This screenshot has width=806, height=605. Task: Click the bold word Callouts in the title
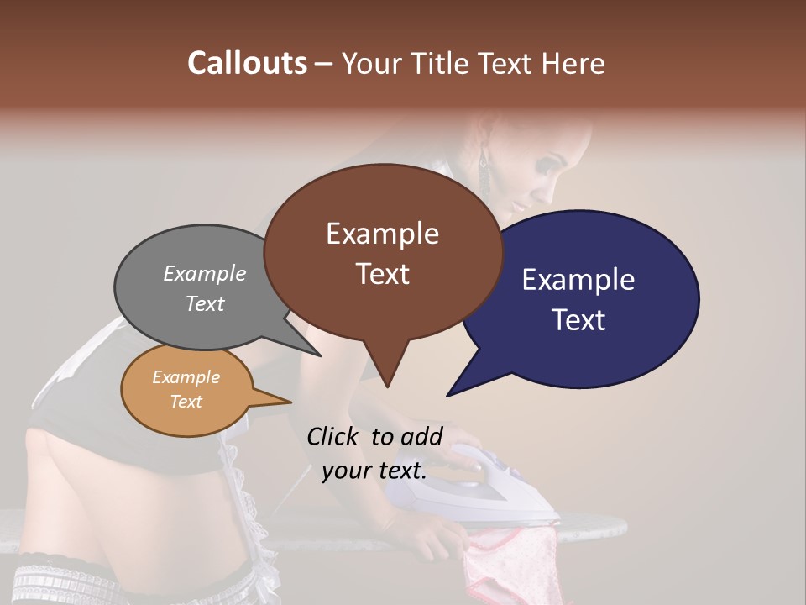247,63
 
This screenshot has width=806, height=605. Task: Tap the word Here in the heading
573,63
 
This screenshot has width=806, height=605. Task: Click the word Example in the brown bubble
382,234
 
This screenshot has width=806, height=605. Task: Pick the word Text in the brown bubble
382,273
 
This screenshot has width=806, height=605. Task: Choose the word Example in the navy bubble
578,280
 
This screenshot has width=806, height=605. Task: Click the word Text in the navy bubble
578,319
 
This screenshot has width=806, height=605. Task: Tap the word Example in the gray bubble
204,273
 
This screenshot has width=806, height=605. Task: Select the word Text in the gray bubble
204,303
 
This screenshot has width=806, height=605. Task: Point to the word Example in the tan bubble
186,377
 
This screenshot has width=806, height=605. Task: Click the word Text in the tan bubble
186,402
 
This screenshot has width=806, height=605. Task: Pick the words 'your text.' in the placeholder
374,471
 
